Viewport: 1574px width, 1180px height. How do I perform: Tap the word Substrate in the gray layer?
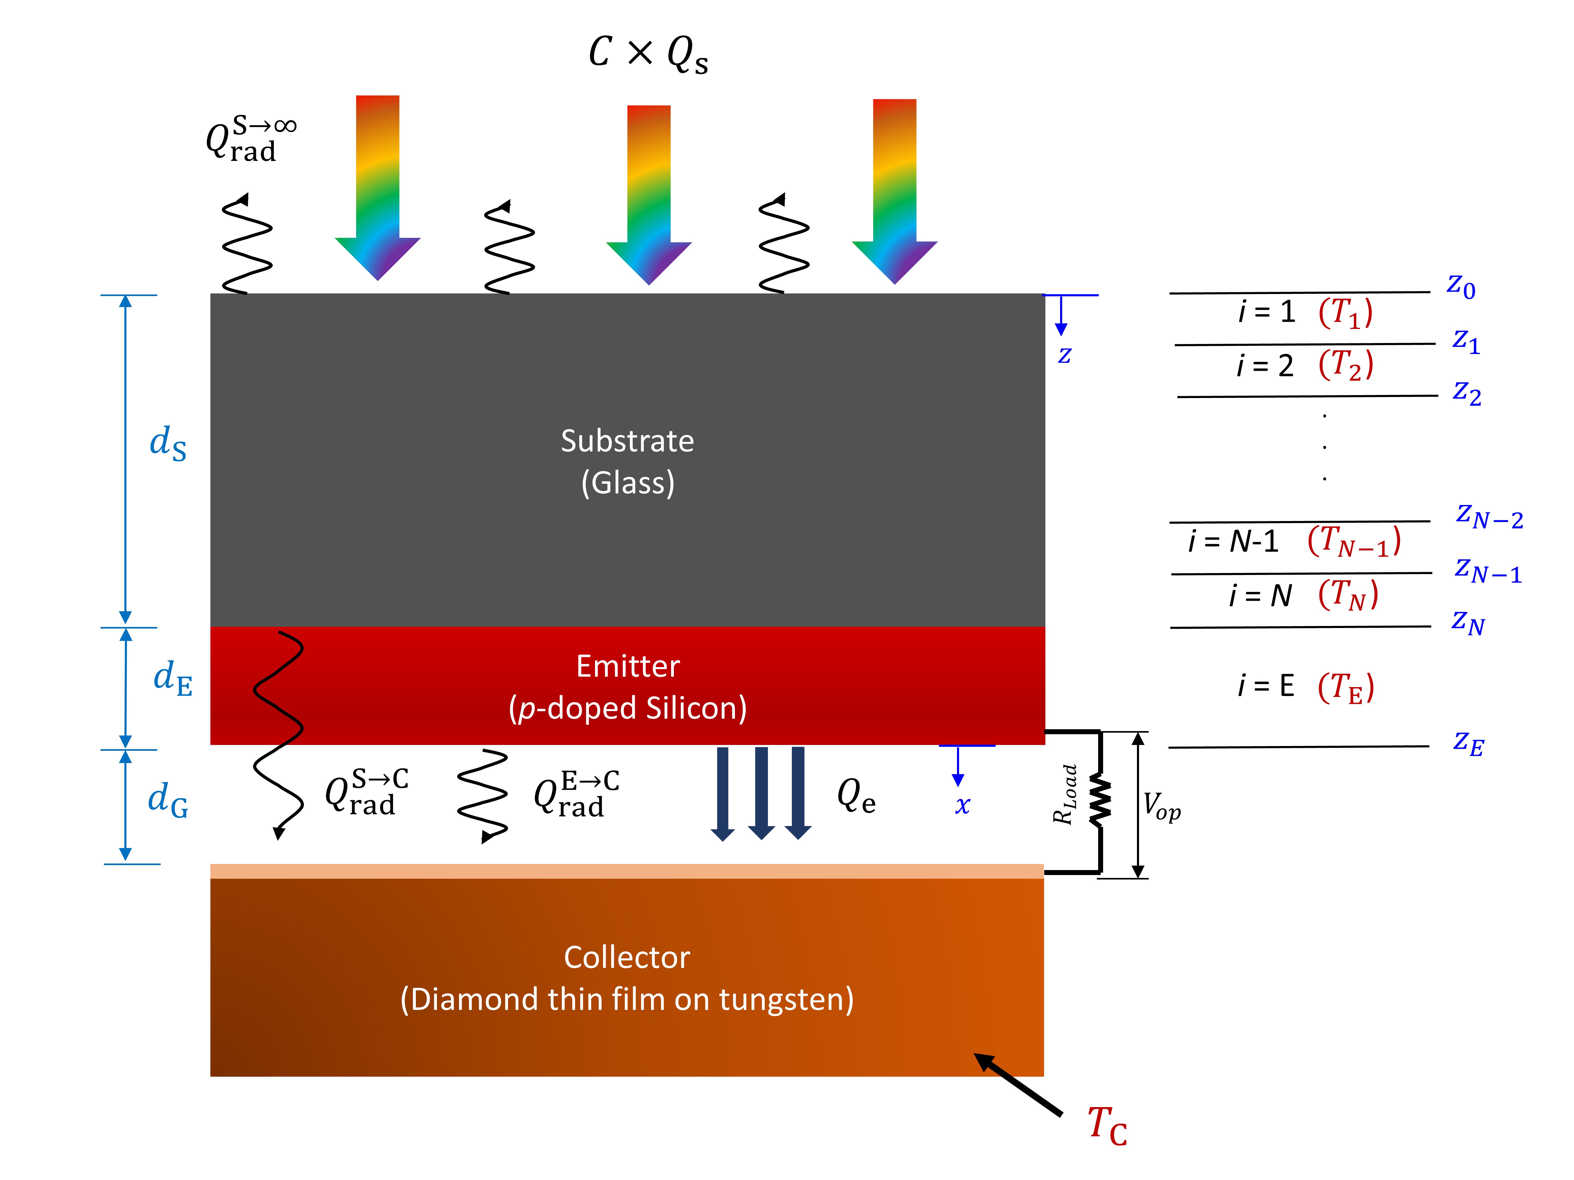pyautogui.click(x=627, y=441)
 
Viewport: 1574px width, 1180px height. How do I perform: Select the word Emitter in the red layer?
pyautogui.click(x=628, y=667)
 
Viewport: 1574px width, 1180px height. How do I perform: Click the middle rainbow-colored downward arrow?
pyautogui.click(x=648, y=196)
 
